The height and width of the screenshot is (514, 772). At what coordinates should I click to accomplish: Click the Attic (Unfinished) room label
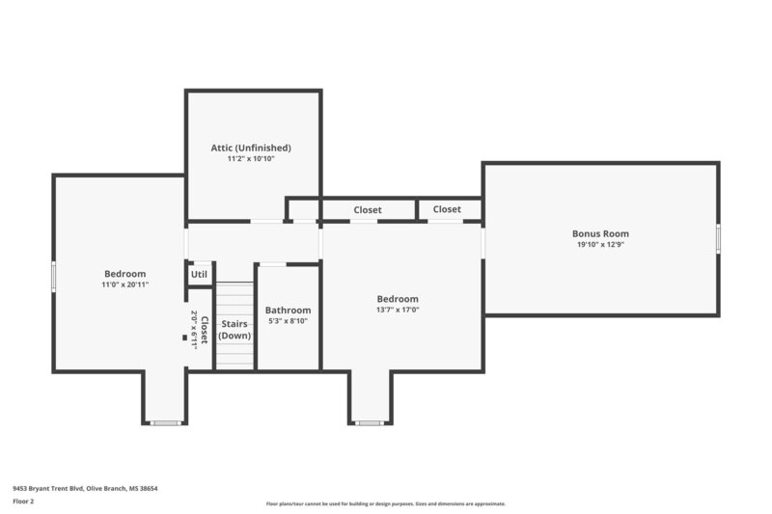click(251, 148)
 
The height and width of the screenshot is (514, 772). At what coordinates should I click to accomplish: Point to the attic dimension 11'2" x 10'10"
click(251, 158)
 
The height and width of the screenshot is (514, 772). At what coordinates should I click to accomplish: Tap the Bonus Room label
click(600, 233)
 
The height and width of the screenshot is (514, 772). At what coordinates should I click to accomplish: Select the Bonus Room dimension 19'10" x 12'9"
click(600, 244)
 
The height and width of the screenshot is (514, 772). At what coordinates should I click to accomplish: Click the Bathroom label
click(287, 311)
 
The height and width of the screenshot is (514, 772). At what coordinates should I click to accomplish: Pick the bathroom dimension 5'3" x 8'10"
click(287, 321)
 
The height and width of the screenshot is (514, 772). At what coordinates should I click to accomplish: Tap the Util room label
click(199, 274)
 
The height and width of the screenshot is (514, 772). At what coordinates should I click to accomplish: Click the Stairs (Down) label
click(234, 330)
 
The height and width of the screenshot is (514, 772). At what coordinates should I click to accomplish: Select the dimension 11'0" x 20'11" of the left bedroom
click(124, 284)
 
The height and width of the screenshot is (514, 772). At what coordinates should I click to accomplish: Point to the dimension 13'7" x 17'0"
click(398, 310)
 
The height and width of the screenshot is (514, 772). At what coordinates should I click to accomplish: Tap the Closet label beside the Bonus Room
click(447, 209)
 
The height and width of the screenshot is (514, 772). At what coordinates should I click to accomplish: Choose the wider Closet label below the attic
click(368, 209)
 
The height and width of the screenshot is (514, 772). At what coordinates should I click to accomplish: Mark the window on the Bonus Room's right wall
click(717, 237)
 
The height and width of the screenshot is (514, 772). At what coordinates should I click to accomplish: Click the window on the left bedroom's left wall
click(53, 276)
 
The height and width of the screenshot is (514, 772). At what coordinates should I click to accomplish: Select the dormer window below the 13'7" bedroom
click(370, 422)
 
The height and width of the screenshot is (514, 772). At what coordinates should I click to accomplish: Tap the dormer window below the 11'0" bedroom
click(166, 422)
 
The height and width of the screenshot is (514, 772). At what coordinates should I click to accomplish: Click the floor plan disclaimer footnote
click(385, 503)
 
